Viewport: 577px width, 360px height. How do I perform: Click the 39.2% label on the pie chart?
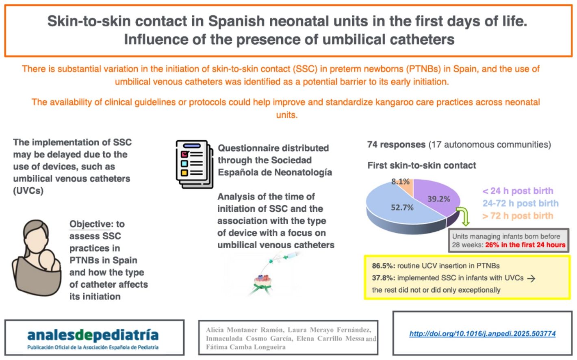click(x=439, y=199)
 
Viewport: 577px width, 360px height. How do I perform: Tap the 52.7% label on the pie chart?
click(x=402, y=208)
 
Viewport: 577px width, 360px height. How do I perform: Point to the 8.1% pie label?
click(x=400, y=182)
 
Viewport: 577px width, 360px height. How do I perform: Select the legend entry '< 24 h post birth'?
click(x=518, y=191)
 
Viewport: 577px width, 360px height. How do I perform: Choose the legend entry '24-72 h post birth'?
click(x=521, y=203)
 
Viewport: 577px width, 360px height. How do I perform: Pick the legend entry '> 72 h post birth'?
click(x=518, y=215)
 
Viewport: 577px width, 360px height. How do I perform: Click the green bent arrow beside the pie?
click(x=464, y=216)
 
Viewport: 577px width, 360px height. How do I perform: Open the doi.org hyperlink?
click(x=482, y=334)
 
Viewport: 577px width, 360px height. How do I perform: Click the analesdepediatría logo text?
click(x=93, y=335)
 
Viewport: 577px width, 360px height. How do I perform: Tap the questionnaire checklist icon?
click(x=195, y=164)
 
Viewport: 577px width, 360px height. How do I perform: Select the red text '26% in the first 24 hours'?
click(x=525, y=245)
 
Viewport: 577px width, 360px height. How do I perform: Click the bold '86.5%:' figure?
click(x=384, y=266)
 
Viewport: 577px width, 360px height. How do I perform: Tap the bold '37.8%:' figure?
click(x=384, y=278)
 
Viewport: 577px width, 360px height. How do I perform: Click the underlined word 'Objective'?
click(x=90, y=224)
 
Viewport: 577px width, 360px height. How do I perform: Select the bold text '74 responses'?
click(x=397, y=145)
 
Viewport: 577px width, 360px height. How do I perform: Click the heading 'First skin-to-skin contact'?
click(x=422, y=165)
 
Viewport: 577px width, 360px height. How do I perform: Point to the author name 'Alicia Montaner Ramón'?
click(x=245, y=330)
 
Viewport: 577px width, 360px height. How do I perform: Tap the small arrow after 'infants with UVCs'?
click(x=531, y=278)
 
